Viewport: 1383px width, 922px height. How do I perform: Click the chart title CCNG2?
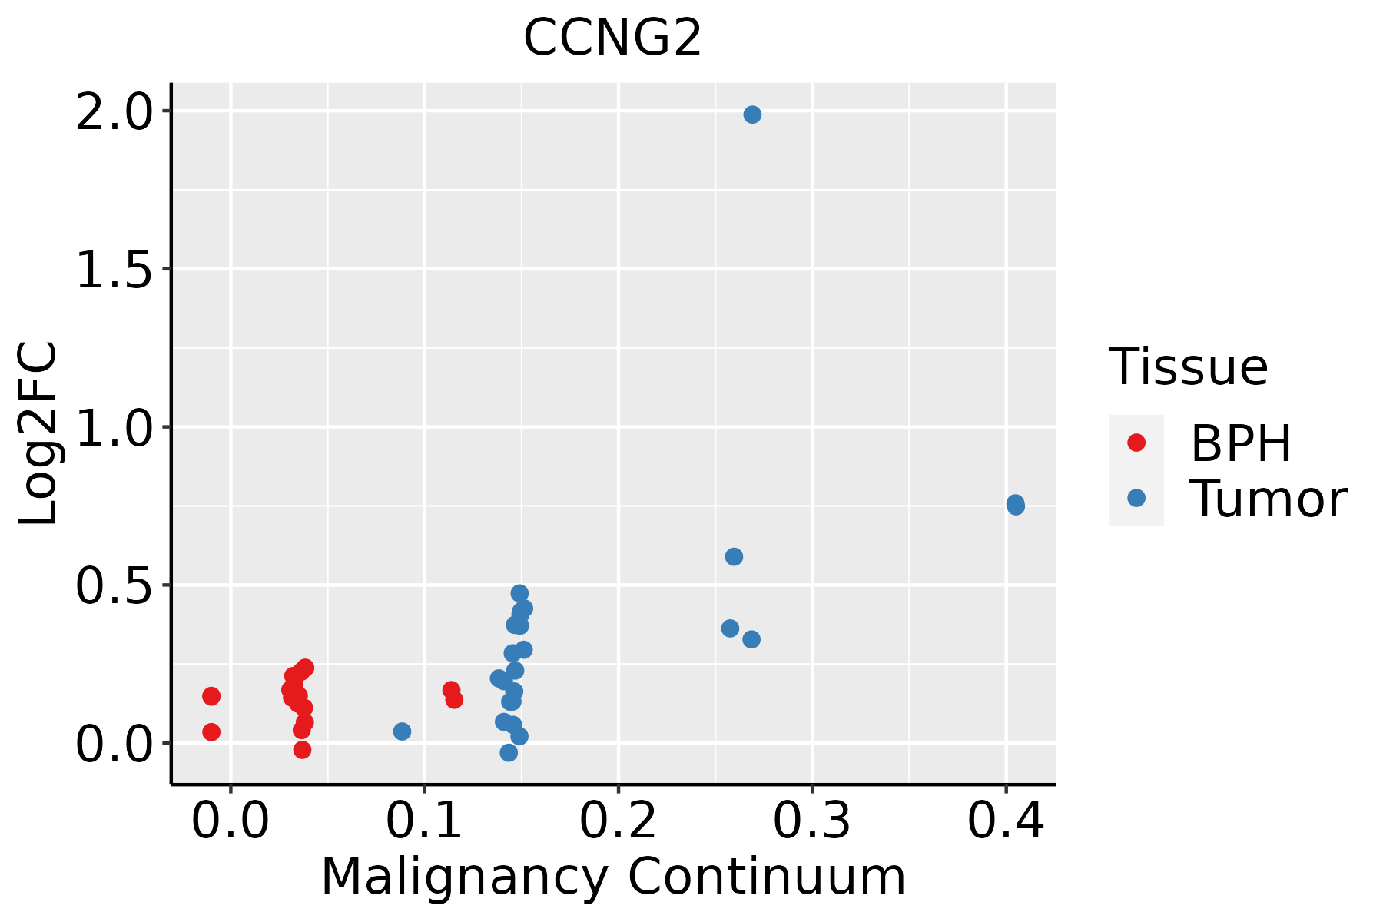612,37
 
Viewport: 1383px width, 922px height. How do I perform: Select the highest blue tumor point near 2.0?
752,114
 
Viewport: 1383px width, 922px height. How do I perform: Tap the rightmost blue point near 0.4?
1015,505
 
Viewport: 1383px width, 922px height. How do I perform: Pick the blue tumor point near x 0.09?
402,731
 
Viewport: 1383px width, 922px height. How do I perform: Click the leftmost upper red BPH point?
211,696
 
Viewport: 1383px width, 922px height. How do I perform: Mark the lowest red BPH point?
303,750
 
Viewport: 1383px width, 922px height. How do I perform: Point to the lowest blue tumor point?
509,752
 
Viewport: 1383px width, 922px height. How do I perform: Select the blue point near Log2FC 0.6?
734,556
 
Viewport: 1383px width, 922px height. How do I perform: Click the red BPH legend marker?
1136,443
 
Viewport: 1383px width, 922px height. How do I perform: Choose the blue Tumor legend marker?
1136,498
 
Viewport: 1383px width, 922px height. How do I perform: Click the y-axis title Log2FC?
38,434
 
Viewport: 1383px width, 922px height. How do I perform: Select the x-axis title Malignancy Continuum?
612,876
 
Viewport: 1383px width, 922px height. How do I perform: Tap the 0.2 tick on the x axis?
618,821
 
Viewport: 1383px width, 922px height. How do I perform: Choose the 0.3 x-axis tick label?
811,821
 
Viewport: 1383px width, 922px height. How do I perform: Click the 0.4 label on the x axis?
1005,821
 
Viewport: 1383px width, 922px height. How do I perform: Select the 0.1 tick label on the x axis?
424,821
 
